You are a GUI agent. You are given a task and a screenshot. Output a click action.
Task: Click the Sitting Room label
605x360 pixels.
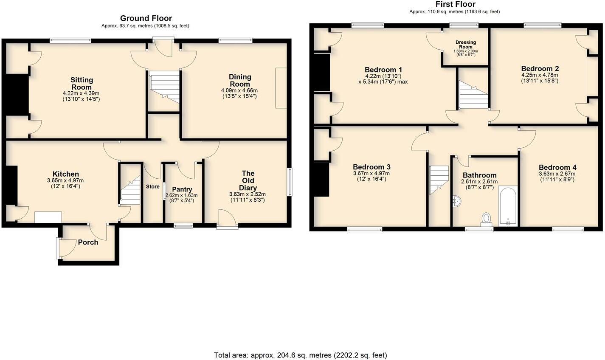tap(82, 83)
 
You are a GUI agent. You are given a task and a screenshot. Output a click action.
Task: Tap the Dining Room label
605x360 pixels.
tap(240, 80)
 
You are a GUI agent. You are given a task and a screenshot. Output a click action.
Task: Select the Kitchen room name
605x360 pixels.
tap(66, 174)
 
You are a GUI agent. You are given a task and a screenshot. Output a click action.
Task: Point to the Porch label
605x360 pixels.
tap(88, 242)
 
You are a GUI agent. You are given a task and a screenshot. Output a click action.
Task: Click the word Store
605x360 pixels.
tap(153, 186)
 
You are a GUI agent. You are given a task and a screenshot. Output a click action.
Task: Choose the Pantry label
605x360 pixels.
tap(182, 189)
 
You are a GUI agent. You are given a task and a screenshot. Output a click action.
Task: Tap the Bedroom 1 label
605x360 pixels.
tap(383, 70)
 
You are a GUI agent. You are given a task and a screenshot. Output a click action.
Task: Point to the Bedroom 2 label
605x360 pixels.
tap(540, 69)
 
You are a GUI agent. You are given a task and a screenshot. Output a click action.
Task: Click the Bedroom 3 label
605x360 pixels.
tap(371, 167)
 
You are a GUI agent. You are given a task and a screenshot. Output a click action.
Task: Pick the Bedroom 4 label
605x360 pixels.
tap(557, 168)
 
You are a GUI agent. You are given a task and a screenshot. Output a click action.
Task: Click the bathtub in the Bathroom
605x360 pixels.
tap(508, 205)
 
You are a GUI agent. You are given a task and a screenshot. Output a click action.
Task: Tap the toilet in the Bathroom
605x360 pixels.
tap(486, 219)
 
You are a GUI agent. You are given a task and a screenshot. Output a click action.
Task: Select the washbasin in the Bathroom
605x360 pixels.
tap(457, 202)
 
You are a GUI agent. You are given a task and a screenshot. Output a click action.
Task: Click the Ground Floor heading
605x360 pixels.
tap(146, 18)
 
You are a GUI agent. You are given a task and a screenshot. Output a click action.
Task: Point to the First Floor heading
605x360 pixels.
tap(455, 4)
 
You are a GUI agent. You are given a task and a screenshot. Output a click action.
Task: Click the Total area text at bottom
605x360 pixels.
tap(301, 355)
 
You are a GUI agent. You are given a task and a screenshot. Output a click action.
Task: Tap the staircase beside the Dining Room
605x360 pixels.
tap(165, 87)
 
